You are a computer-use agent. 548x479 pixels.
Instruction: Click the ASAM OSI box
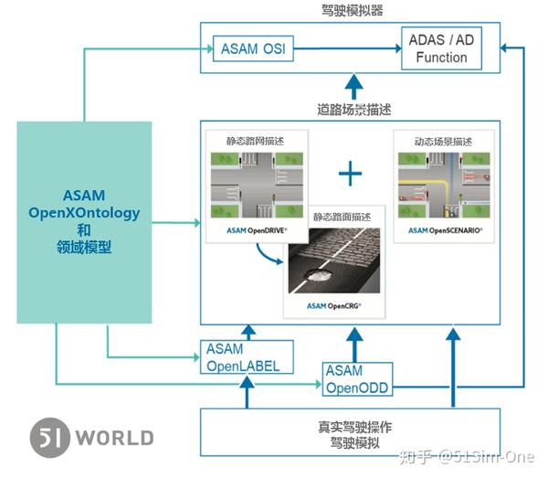click(253, 48)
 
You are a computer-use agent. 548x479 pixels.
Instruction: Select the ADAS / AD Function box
click(441, 48)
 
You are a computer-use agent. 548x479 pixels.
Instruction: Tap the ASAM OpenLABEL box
click(247, 357)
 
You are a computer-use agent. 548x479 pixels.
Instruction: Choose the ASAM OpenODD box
click(357, 379)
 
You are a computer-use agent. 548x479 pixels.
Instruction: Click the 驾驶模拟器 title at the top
click(352, 10)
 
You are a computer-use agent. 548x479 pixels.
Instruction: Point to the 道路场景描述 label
click(354, 110)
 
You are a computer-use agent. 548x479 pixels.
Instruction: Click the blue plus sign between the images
click(350, 173)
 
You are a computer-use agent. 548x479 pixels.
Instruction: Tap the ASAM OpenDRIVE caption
click(257, 230)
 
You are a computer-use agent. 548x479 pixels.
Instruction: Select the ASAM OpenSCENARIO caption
click(446, 230)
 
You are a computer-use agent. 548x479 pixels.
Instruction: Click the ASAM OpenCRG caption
click(333, 306)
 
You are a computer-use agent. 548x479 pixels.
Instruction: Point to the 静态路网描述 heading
click(255, 141)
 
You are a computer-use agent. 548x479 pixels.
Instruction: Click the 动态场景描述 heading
click(443, 142)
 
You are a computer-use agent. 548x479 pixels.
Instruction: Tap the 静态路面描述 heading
click(342, 217)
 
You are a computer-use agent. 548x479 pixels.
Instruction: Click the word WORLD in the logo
click(115, 438)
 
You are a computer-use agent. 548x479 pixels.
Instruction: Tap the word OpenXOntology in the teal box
click(84, 213)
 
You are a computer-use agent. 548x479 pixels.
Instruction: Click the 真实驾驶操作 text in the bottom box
click(354, 427)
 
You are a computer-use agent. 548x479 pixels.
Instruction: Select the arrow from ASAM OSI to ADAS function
click(347, 48)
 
